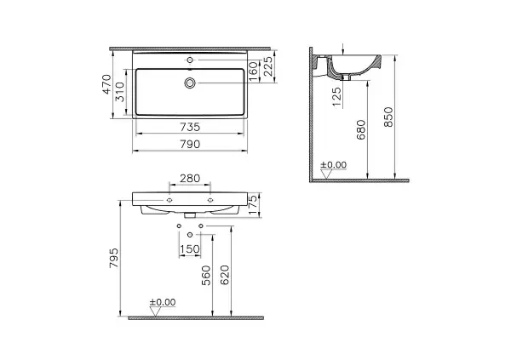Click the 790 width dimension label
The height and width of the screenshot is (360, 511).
(190, 144)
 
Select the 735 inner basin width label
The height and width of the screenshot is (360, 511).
(190, 127)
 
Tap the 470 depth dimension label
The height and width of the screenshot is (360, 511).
(107, 84)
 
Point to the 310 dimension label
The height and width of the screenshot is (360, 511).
(120, 92)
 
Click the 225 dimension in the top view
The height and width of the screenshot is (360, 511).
(268, 66)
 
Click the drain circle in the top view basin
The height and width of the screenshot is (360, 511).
(190, 83)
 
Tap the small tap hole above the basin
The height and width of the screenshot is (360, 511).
(190, 60)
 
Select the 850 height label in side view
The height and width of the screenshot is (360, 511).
(388, 117)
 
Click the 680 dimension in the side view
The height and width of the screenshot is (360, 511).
(361, 129)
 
